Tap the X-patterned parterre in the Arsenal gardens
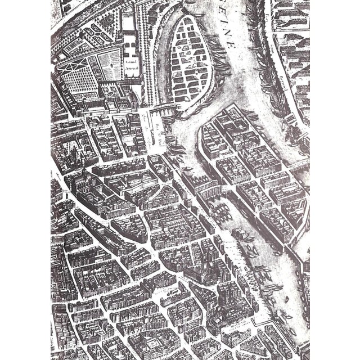point(74,68)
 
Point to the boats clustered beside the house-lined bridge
point(225,208)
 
